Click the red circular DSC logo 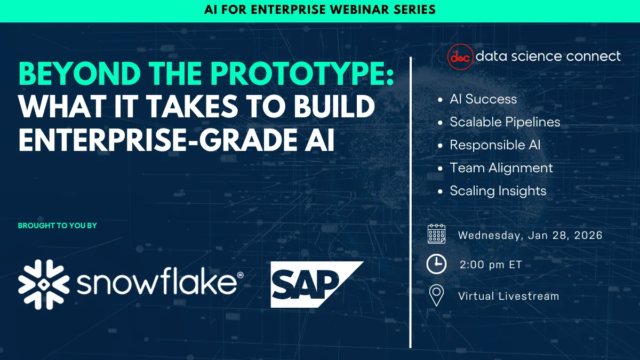(x=460, y=57)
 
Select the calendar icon (x=436, y=235)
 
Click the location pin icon (x=436, y=295)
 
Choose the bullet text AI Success (x=483, y=99)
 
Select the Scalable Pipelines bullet (x=505, y=122)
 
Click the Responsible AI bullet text (x=495, y=145)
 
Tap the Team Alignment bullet (x=501, y=168)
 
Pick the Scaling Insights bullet (x=498, y=191)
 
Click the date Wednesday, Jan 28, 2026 (x=530, y=235)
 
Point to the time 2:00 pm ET (x=491, y=265)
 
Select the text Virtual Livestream (x=508, y=296)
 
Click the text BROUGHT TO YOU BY (x=58, y=226)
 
